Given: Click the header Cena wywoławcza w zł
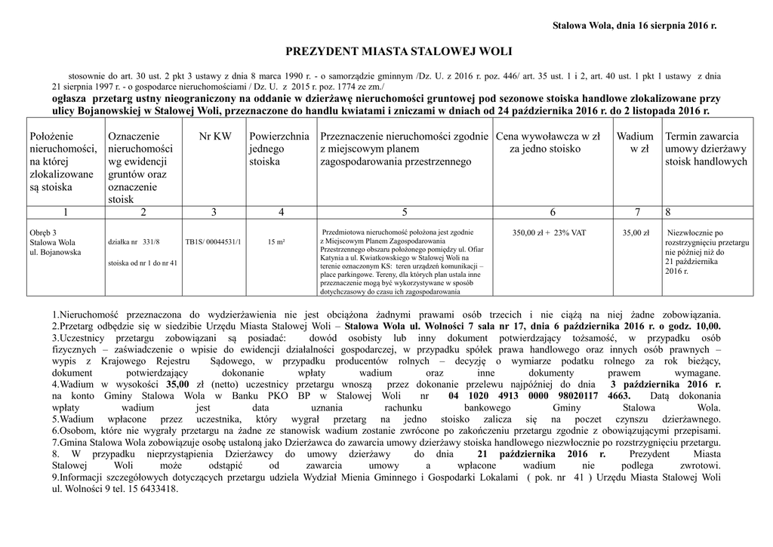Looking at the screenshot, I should (547, 143).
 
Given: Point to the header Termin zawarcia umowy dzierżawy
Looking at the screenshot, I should (706, 149).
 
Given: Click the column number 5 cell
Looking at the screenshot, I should (405, 213).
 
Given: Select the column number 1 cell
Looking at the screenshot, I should (66, 213).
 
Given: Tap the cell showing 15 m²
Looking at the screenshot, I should (276, 242).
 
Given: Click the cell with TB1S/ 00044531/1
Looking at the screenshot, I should (214, 242).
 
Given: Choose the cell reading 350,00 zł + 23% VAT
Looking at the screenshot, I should (549, 233).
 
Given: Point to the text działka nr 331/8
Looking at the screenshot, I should (134, 242).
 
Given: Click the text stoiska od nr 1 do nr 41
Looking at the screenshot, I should (143, 263).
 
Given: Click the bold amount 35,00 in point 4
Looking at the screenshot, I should (178, 385).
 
